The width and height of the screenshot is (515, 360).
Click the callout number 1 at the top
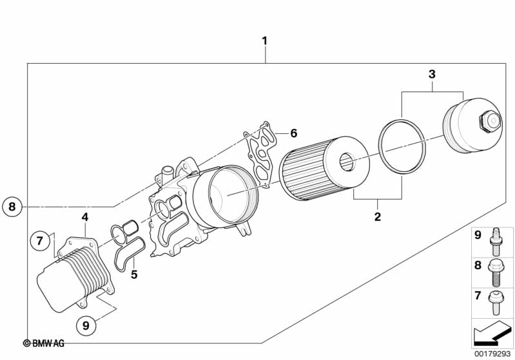click(264, 41)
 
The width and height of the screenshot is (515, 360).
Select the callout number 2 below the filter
click(378, 216)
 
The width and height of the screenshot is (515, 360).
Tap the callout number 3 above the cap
click(432, 75)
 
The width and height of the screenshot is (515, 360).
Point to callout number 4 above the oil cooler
click(84, 216)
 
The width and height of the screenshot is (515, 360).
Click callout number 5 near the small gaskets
click(134, 275)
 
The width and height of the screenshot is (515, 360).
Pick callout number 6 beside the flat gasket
click(293, 133)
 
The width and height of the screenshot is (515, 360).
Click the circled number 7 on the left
click(39, 241)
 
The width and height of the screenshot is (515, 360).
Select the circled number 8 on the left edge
click(11, 207)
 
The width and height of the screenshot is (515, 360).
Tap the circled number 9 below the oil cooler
click(85, 325)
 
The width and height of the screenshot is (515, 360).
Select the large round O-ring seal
click(402, 146)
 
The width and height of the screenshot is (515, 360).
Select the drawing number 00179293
click(492, 354)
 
